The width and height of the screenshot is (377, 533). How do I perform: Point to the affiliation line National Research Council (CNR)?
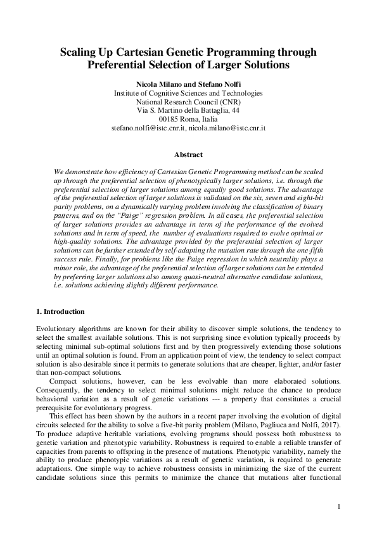click(188, 101)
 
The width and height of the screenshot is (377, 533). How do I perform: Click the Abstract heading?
click(188, 154)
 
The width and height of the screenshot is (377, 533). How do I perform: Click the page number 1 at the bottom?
click(340, 506)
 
